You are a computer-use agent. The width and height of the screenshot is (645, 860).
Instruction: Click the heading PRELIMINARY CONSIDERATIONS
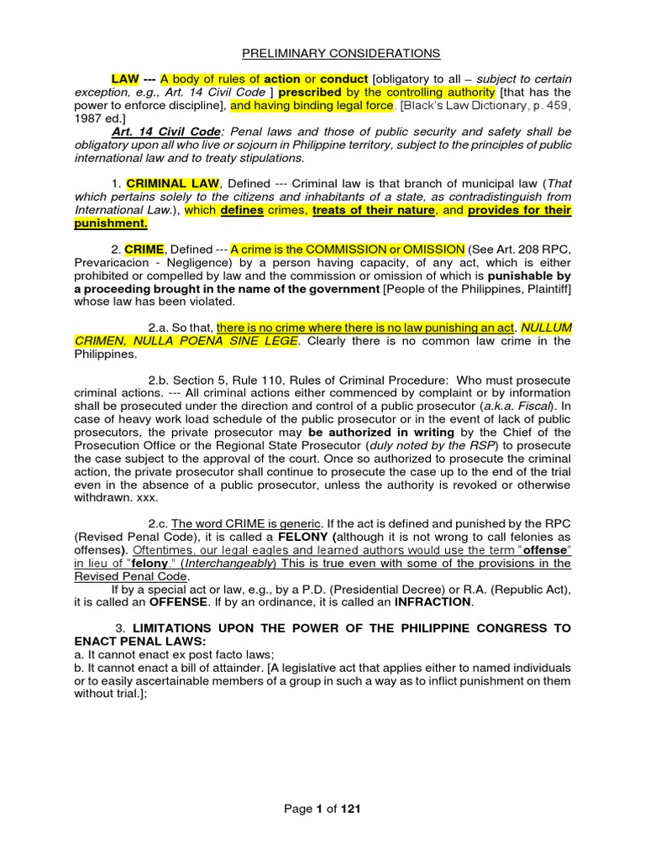tap(341, 53)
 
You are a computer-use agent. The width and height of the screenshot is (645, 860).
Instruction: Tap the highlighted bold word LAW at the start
tap(125, 78)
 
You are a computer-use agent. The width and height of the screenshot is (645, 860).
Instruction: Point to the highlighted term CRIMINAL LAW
tap(173, 183)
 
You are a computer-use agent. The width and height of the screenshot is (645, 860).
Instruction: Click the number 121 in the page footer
tap(350, 809)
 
